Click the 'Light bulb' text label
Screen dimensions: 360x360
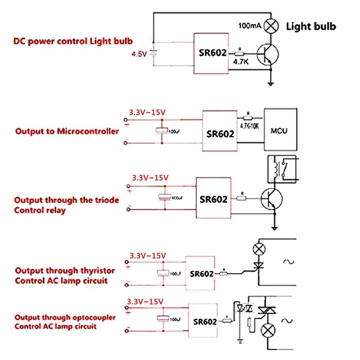311,26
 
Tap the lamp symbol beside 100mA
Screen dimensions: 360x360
270,26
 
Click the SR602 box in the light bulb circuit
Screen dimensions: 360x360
212,54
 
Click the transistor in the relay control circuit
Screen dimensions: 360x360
271,198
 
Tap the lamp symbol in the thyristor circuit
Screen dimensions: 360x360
258,248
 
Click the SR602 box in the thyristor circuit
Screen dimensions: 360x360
201,274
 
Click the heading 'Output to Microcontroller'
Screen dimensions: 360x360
67,131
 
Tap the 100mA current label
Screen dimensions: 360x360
250,26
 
